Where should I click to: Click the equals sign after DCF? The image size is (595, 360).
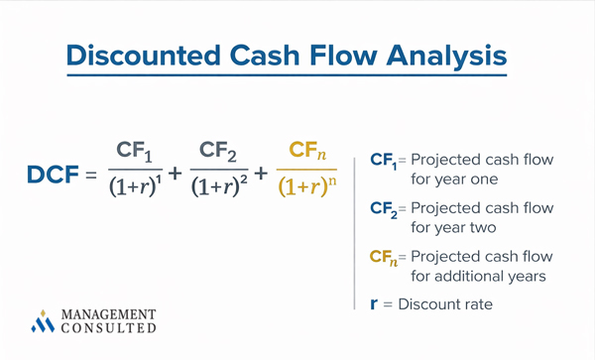pos(91,177)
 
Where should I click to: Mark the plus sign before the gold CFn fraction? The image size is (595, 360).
pos(262,176)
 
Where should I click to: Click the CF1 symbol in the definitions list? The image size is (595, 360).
pos(383,161)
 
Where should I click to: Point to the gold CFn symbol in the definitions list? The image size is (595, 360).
pos(384,258)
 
